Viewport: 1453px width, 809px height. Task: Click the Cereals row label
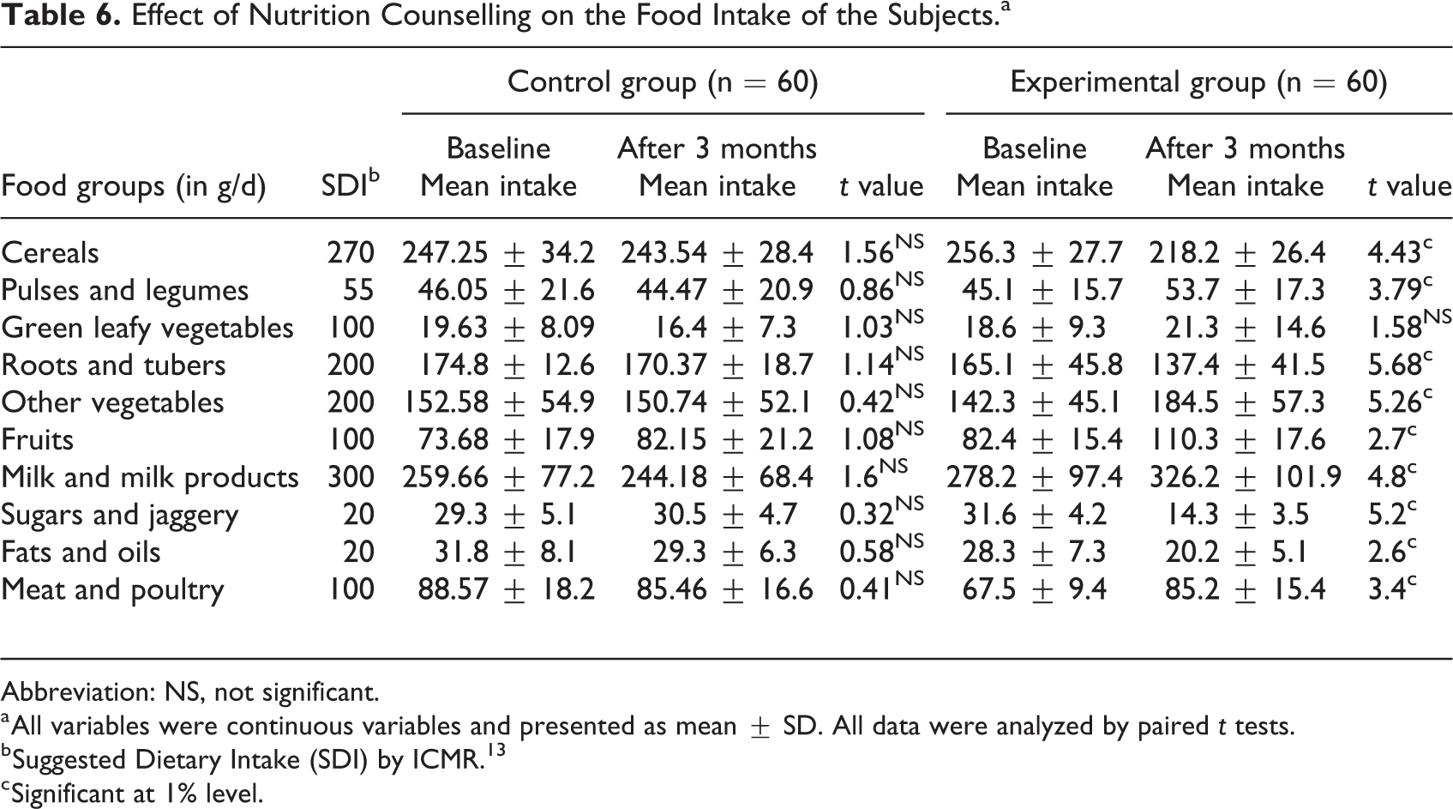(x=50, y=252)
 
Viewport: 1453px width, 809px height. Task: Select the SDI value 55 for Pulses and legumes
(x=358, y=290)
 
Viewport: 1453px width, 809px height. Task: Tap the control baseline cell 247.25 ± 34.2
(x=498, y=252)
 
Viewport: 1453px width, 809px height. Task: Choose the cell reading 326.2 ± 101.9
(x=1246, y=477)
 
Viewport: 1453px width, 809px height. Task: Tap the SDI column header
(x=351, y=184)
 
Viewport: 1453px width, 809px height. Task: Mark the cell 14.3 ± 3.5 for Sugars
(x=1237, y=515)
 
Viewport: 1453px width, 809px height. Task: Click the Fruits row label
(x=37, y=439)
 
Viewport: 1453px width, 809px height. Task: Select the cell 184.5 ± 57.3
(x=1237, y=402)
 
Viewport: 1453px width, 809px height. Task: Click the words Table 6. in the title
(x=61, y=16)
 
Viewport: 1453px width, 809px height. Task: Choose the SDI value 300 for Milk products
(x=351, y=477)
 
